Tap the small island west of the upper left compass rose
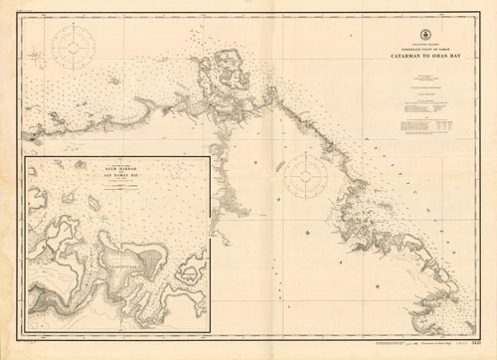(22, 57)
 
